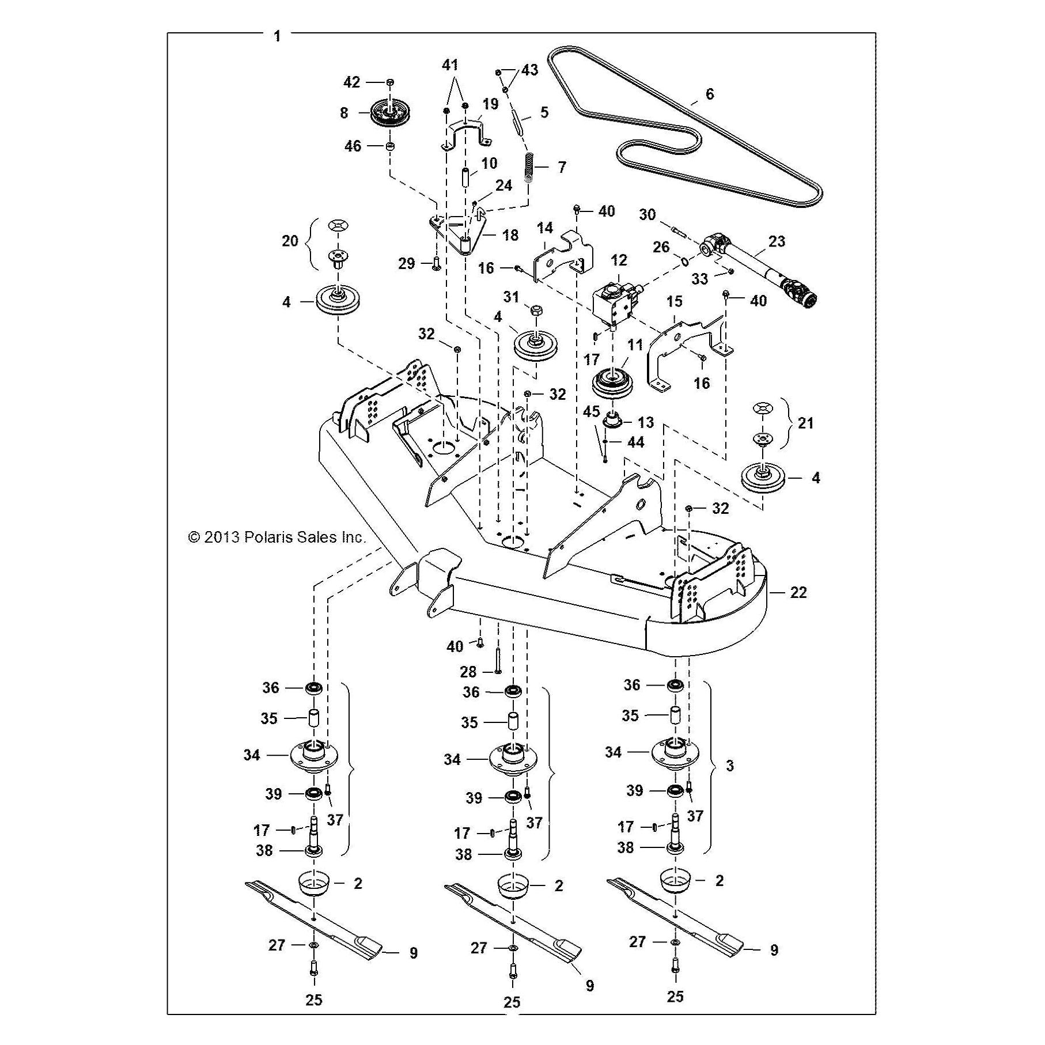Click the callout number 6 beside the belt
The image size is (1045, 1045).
coord(710,94)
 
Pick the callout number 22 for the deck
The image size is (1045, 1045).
coord(798,592)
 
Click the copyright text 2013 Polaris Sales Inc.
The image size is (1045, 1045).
coord(277,537)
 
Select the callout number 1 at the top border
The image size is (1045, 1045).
coord(278,36)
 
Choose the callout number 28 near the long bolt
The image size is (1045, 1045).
coord(468,672)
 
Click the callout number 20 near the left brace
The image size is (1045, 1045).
coord(290,240)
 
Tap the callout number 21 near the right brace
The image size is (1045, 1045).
coord(805,423)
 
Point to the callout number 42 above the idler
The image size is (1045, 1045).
coord(351,82)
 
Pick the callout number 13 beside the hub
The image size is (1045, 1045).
coord(646,422)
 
